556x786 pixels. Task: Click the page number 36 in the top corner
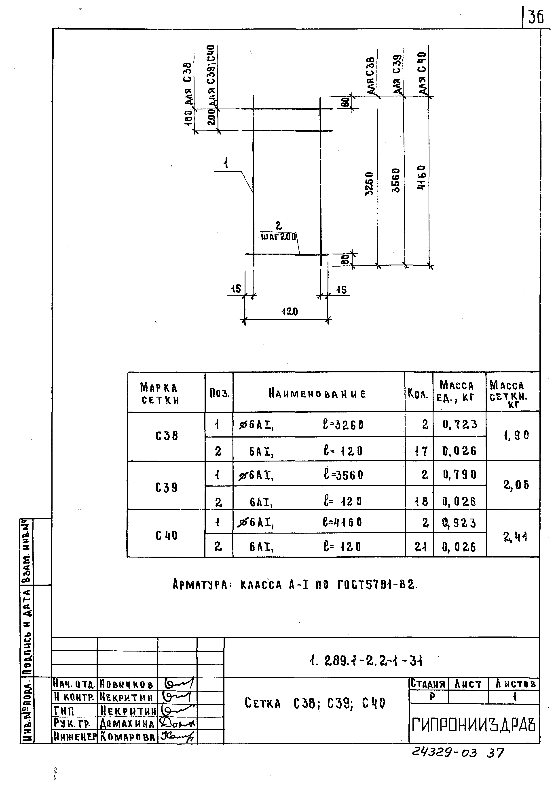(536, 17)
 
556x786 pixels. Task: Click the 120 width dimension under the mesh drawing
(290, 312)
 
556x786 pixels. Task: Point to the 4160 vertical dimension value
(422, 177)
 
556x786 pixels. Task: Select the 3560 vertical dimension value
(395, 180)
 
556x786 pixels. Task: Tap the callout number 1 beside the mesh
(226, 163)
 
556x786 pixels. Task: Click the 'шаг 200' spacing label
(278, 236)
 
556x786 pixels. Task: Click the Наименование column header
(318, 393)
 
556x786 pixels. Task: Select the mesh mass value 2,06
(516, 485)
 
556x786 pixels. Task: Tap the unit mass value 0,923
(459, 523)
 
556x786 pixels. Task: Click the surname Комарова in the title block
(127, 737)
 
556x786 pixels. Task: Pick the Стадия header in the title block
(428, 684)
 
